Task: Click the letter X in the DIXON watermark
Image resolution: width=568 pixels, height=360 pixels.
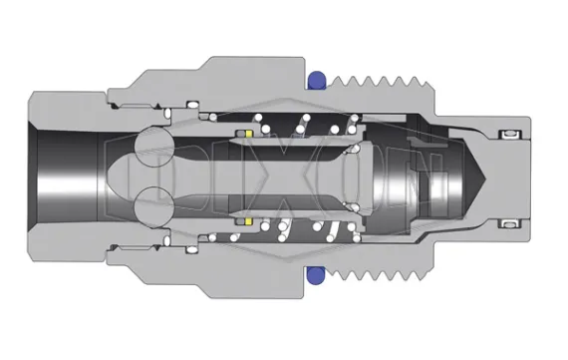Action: (285, 178)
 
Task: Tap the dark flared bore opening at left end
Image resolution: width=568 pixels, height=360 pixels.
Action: (65, 178)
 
